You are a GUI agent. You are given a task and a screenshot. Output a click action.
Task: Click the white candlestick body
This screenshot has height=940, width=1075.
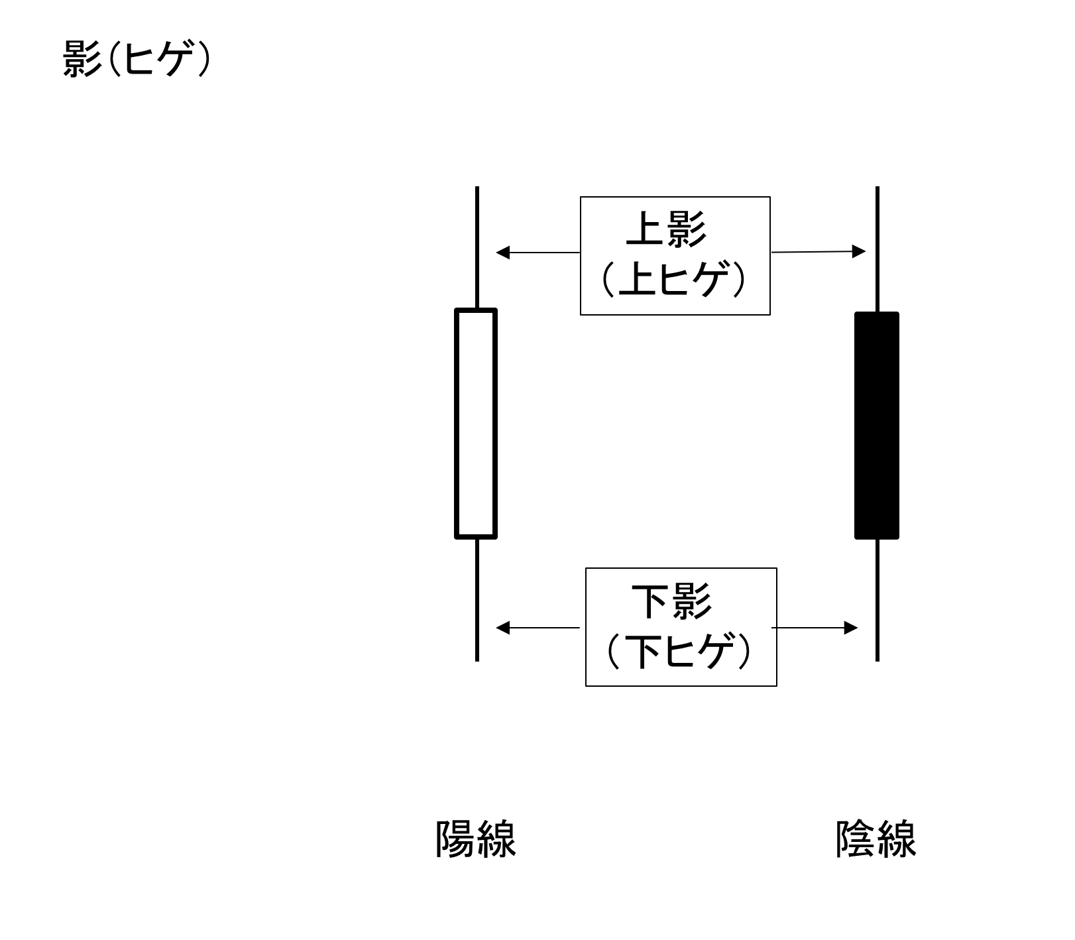click(x=476, y=423)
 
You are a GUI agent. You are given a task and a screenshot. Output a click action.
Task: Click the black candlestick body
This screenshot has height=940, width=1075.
click(x=876, y=425)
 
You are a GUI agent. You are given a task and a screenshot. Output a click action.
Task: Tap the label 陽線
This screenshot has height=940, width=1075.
click(x=476, y=839)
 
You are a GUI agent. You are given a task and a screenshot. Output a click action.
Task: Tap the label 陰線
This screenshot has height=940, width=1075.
click(x=876, y=839)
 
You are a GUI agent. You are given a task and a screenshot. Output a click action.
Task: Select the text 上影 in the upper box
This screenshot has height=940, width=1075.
click(x=667, y=229)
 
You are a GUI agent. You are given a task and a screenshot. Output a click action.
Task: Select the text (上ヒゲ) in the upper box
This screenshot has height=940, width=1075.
click(x=674, y=280)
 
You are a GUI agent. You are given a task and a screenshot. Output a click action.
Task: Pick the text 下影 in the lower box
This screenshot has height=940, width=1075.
click(x=671, y=601)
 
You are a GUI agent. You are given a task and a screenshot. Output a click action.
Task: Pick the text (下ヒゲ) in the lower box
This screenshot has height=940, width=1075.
click(x=680, y=651)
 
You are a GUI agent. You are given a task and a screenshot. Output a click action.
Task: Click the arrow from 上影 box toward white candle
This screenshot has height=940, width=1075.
click(x=537, y=253)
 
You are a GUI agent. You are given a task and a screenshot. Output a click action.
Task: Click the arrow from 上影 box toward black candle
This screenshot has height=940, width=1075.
click(x=819, y=252)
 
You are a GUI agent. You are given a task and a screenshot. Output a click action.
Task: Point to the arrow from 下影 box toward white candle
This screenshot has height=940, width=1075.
click(x=537, y=627)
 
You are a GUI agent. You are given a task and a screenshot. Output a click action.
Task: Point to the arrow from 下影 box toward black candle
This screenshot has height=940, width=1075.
click(x=815, y=627)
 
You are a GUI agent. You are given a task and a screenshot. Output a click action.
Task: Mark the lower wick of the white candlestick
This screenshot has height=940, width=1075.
click(x=477, y=599)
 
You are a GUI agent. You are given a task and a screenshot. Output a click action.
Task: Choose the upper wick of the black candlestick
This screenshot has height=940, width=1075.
click(x=877, y=249)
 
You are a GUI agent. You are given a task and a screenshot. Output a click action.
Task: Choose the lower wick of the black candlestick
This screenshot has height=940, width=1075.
click(x=877, y=599)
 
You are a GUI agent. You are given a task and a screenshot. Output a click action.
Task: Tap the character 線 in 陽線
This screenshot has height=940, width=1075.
click(x=496, y=839)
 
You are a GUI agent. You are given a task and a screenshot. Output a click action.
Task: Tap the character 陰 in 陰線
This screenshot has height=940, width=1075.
click(x=856, y=839)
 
